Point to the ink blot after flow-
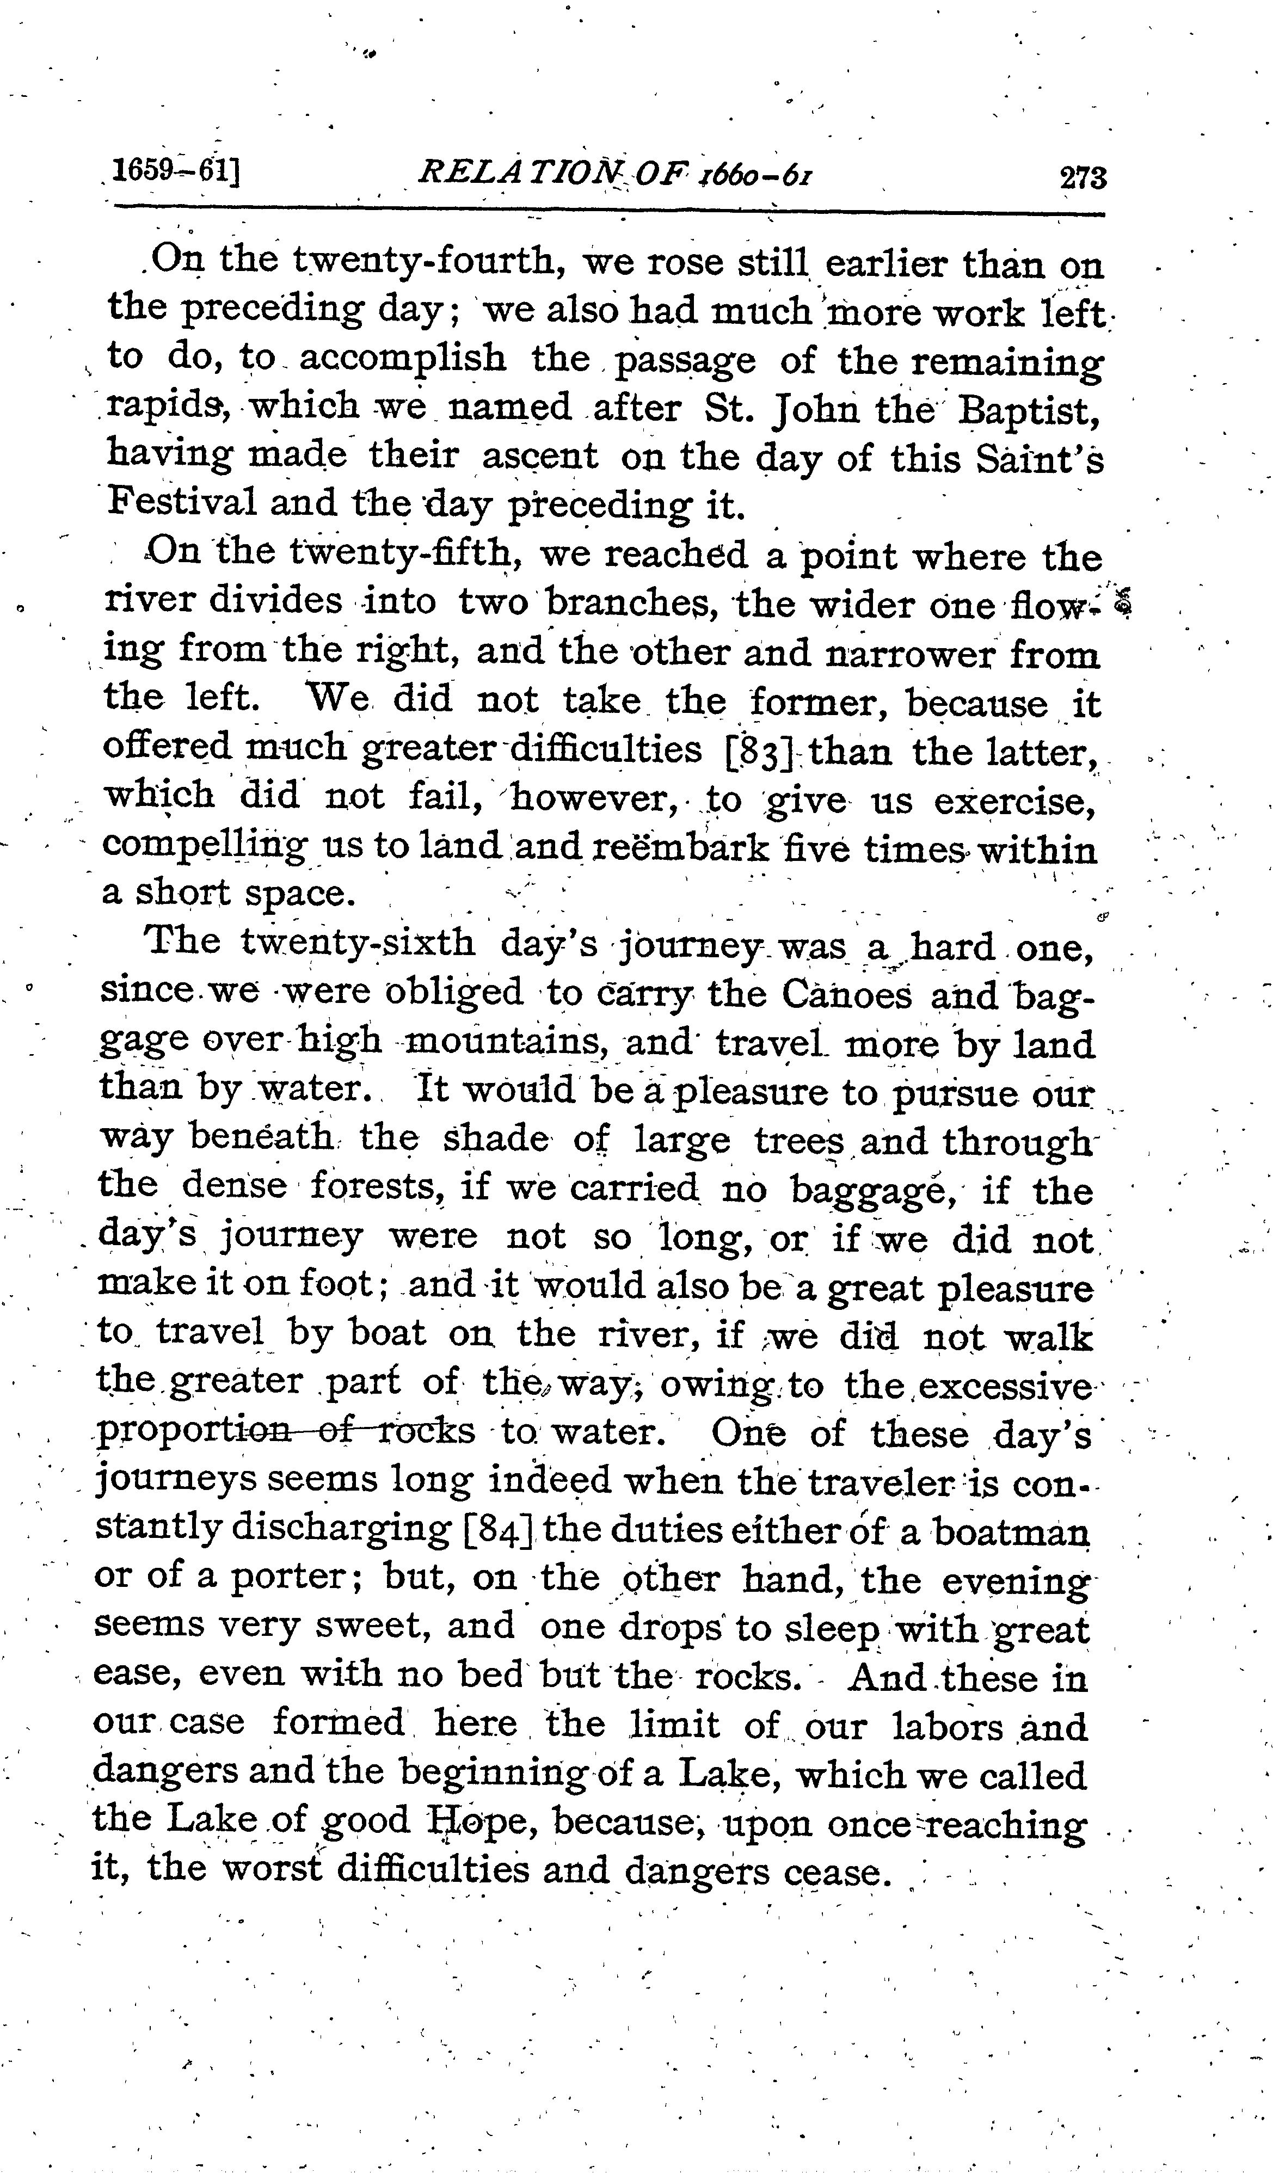click(1122, 601)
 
